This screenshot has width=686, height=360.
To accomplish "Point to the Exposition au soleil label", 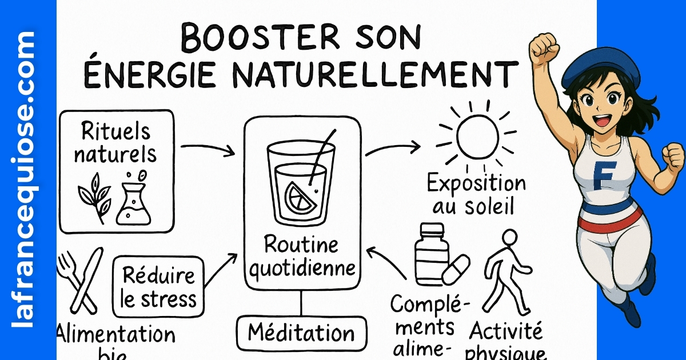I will (x=476, y=194).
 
